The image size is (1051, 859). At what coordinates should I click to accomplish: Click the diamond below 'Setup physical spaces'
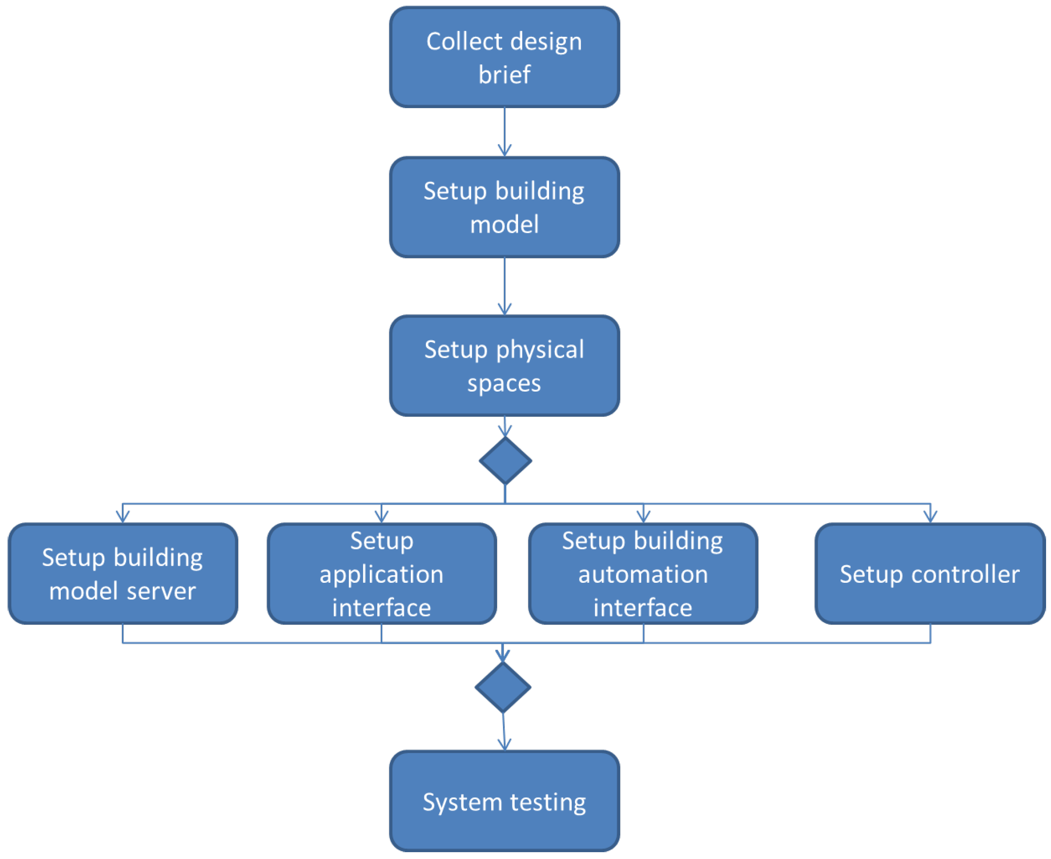pyautogui.click(x=505, y=461)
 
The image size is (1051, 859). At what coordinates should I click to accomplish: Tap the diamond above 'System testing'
pyautogui.click(x=503, y=687)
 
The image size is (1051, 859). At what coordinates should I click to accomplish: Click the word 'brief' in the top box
pyautogui.click(x=504, y=75)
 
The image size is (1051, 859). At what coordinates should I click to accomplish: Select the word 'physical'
pyautogui.click(x=540, y=350)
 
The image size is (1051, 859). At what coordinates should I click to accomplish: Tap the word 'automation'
pyautogui.click(x=643, y=574)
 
